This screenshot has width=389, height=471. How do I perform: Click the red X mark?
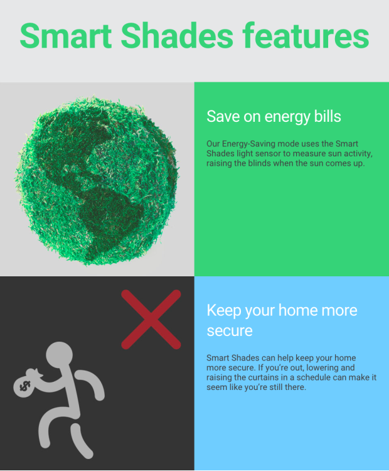click(x=151, y=319)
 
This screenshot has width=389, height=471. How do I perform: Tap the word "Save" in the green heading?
click(x=220, y=117)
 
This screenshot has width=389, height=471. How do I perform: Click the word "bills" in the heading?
click(x=326, y=117)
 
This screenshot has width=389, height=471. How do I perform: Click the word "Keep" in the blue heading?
click(x=223, y=310)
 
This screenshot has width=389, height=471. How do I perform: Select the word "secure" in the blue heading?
click(x=230, y=330)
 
